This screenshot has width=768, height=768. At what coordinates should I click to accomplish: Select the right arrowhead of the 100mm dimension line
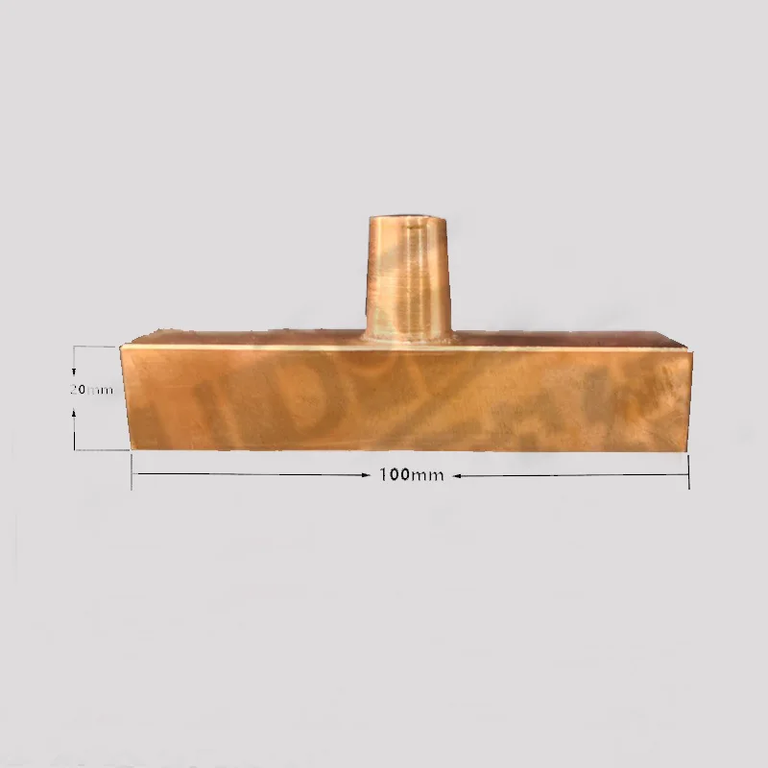[x=684, y=475]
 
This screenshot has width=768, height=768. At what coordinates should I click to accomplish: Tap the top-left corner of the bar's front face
[x=120, y=347]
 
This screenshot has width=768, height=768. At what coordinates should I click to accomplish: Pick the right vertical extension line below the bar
[x=689, y=470]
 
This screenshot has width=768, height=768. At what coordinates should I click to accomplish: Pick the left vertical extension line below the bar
[x=132, y=470]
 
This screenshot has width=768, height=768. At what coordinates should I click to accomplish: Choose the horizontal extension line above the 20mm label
[x=96, y=347]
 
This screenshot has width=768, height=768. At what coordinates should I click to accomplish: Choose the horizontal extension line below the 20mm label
[x=101, y=449]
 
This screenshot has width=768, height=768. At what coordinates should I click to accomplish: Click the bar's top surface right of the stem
[x=566, y=338]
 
